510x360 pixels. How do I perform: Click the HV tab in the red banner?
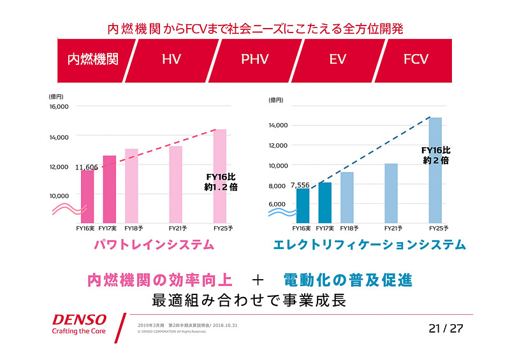click(171, 59)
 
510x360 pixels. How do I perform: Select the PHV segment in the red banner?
click(254, 59)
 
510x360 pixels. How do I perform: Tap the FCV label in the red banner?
click(416, 59)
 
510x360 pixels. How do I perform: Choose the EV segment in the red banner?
click(337, 59)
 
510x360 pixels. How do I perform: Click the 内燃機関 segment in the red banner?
click(93, 59)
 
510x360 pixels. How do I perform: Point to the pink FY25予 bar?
click(219, 175)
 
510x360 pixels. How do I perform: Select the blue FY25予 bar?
click(435, 169)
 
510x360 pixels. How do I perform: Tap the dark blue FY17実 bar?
click(325, 201)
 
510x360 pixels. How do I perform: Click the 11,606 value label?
click(87, 167)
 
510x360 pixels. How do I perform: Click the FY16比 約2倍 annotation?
click(435, 155)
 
